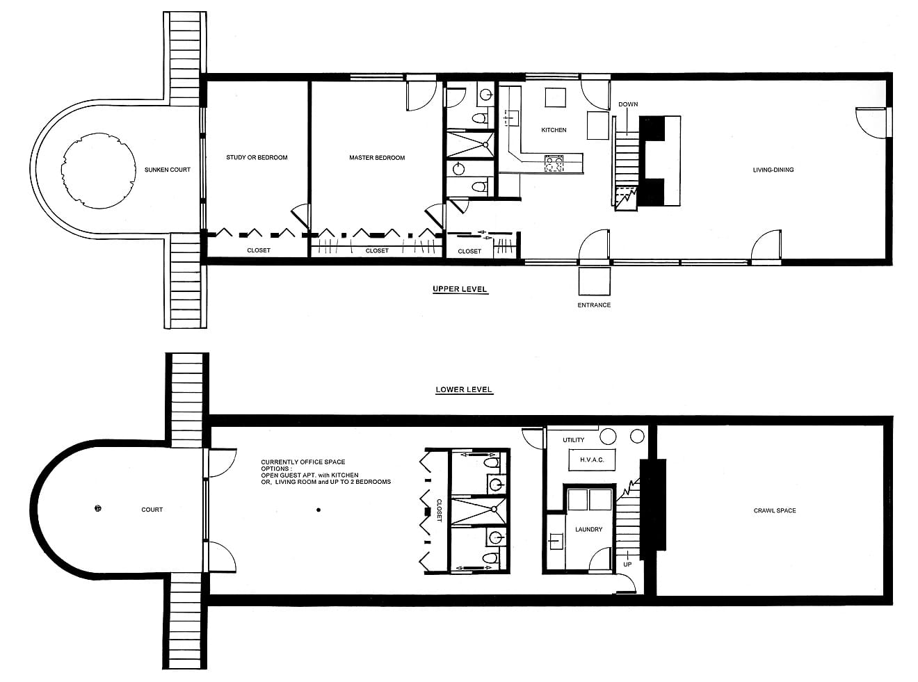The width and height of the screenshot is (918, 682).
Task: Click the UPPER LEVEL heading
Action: pyautogui.click(x=460, y=289)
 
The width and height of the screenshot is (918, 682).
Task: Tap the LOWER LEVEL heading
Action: pyautogui.click(x=464, y=389)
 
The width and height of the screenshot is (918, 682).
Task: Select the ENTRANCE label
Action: pyautogui.click(x=594, y=305)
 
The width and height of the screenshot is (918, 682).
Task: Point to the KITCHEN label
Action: pyautogui.click(x=554, y=130)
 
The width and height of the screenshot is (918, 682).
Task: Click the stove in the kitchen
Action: pyautogui.click(x=554, y=163)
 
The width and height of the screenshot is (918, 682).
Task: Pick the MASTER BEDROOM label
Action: pyautogui.click(x=377, y=158)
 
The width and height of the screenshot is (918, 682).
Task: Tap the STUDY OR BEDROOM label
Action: pyautogui.click(x=257, y=157)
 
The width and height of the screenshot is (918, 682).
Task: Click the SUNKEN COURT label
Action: pyautogui.click(x=167, y=170)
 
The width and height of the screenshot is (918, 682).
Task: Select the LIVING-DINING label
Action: pyautogui.click(x=773, y=170)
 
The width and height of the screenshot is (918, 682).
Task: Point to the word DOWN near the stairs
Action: pyautogui.click(x=628, y=104)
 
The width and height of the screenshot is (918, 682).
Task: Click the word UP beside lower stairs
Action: pyautogui.click(x=627, y=564)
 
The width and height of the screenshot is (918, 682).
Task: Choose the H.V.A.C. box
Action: pyautogui.click(x=592, y=460)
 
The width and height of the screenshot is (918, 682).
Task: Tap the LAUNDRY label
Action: pyautogui.click(x=588, y=529)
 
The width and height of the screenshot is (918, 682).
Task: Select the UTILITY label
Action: pyautogui.click(x=573, y=440)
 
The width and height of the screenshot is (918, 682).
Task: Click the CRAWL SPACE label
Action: pyautogui.click(x=775, y=511)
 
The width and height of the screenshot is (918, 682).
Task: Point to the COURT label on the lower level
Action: pyautogui.click(x=152, y=510)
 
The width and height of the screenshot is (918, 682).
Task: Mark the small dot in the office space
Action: pyautogui.click(x=319, y=510)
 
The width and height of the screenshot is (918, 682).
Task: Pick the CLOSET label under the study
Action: pyautogui.click(x=259, y=250)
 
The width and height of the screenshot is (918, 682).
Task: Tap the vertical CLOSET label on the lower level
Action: pyautogui.click(x=439, y=511)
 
